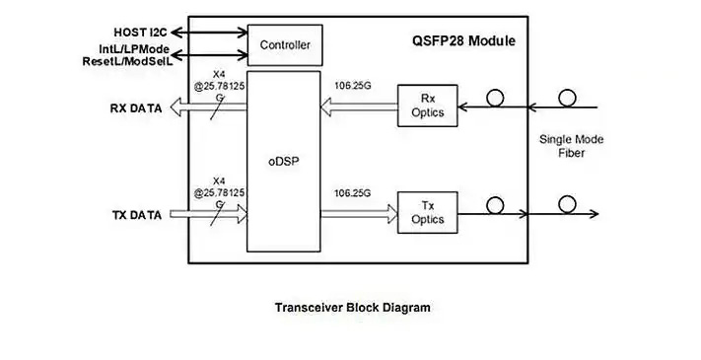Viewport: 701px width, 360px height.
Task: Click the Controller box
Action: [285, 44]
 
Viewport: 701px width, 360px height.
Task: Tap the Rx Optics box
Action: [426, 106]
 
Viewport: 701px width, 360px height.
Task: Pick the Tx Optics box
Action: [426, 210]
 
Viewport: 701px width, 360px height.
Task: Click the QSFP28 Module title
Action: [462, 41]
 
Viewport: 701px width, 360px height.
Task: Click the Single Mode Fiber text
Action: [572, 147]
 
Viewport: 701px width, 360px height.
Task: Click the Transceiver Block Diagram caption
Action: [352, 308]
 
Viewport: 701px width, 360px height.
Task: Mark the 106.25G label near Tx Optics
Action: [352, 191]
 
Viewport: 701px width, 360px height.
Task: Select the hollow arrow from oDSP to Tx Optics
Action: [360, 211]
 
